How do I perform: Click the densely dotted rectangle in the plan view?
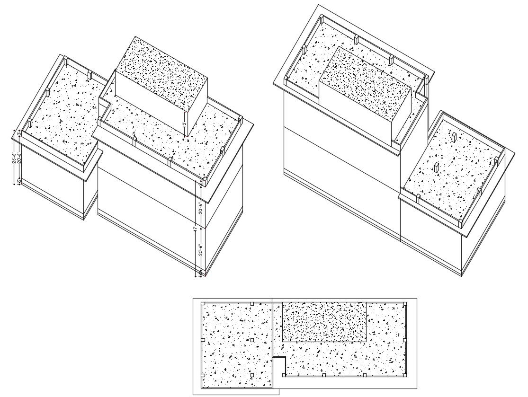[324, 322]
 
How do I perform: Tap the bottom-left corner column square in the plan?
[203, 375]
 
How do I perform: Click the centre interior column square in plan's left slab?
[252, 340]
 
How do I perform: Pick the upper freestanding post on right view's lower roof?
[454, 137]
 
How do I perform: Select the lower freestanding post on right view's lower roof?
[436, 168]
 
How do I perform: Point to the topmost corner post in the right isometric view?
[321, 20]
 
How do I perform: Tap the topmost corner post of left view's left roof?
[66, 62]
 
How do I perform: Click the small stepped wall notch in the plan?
[280, 362]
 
